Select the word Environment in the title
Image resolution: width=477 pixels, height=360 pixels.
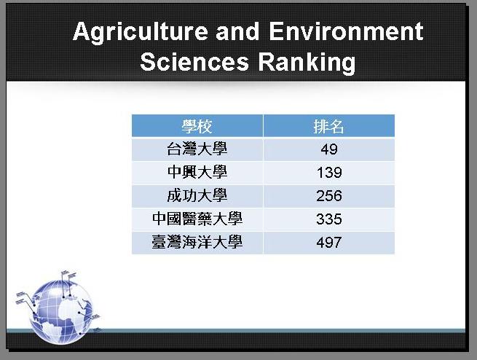346,31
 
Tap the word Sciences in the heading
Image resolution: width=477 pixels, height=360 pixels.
194,62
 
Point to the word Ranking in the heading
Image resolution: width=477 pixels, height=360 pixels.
307,63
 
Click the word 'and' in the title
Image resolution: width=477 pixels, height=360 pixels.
237,31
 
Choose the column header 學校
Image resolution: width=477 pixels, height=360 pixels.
197,126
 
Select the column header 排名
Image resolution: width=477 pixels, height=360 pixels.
329,126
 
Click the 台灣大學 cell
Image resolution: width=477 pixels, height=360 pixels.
197,149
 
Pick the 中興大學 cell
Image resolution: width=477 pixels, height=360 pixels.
197,173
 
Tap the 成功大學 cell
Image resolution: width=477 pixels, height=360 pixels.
197,196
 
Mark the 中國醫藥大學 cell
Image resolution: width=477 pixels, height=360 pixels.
197,219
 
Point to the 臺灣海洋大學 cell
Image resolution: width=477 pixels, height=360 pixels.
197,243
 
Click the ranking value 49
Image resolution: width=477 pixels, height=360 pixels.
329,149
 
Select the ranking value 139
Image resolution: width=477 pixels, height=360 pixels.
329,173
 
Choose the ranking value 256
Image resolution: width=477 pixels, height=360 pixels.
329,196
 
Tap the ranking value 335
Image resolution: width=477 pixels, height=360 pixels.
329,219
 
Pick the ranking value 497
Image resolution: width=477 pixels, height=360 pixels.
329,243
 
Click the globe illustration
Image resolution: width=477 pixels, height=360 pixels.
61,313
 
